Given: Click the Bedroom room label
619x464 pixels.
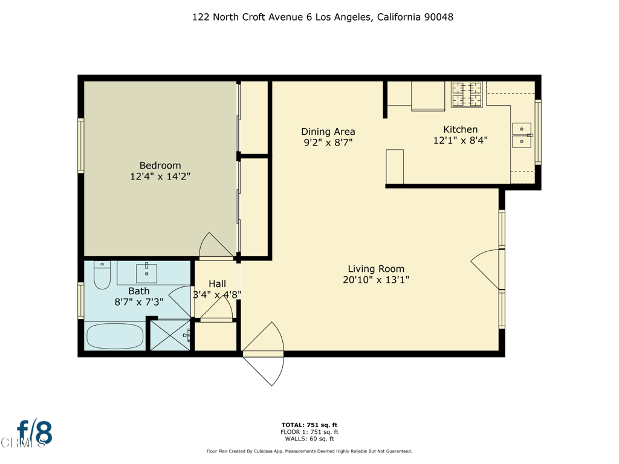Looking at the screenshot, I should click(x=160, y=166).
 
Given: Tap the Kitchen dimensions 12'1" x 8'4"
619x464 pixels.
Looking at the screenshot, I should click(x=460, y=140).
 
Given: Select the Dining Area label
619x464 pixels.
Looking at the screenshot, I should click(x=328, y=132).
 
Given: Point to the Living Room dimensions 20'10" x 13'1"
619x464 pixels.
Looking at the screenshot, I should click(x=376, y=280).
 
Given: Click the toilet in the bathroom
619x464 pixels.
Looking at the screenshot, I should click(x=102, y=275).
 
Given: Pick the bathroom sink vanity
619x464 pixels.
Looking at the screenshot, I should click(x=146, y=273).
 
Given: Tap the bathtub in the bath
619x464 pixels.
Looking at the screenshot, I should click(x=115, y=337).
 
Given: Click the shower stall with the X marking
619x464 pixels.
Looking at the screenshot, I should click(x=170, y=335).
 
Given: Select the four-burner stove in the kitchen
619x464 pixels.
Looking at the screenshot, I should click(x=467, y=95).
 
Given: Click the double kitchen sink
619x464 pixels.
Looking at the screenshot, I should click(x=522, y=136).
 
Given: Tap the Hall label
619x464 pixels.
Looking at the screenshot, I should click(x=217, y=284).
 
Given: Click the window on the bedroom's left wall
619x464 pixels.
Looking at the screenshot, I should click(x=80, y=146).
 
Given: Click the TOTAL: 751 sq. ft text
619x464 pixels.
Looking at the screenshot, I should click(x=309, y=425).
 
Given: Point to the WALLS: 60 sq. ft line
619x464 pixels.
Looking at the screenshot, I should click(x=309, y=439).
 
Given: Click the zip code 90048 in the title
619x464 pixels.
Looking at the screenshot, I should click(x=439, y=17).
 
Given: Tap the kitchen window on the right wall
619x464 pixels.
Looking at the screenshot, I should click(x=538, y=132).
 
